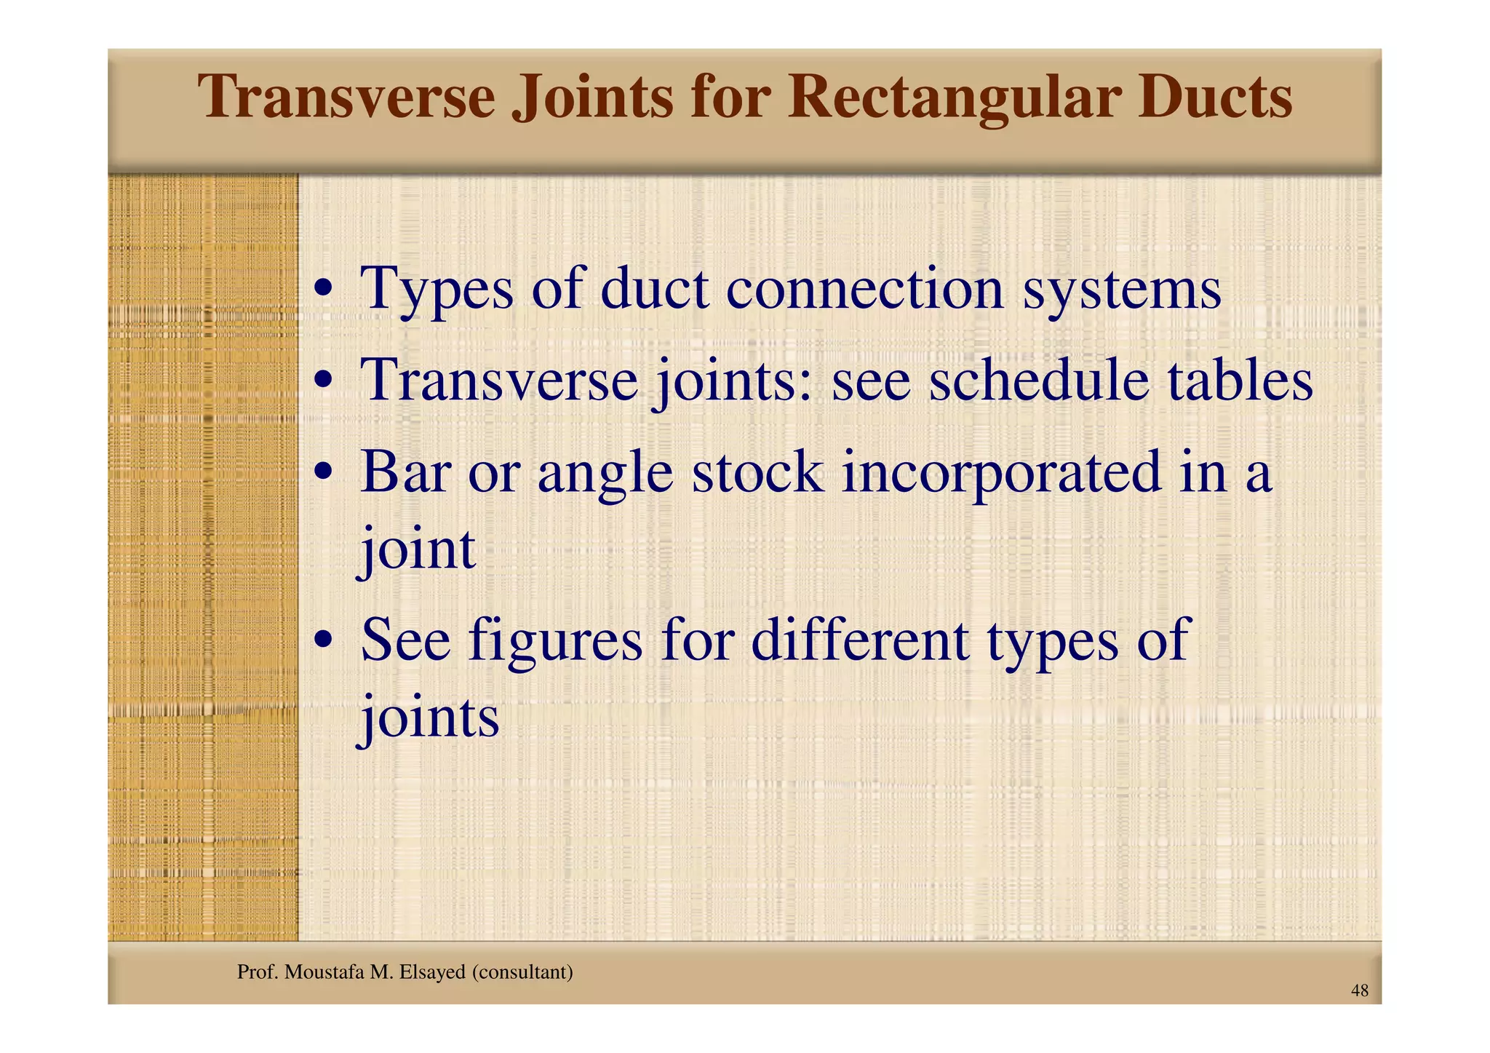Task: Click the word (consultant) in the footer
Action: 522,971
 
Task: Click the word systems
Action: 1122,290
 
